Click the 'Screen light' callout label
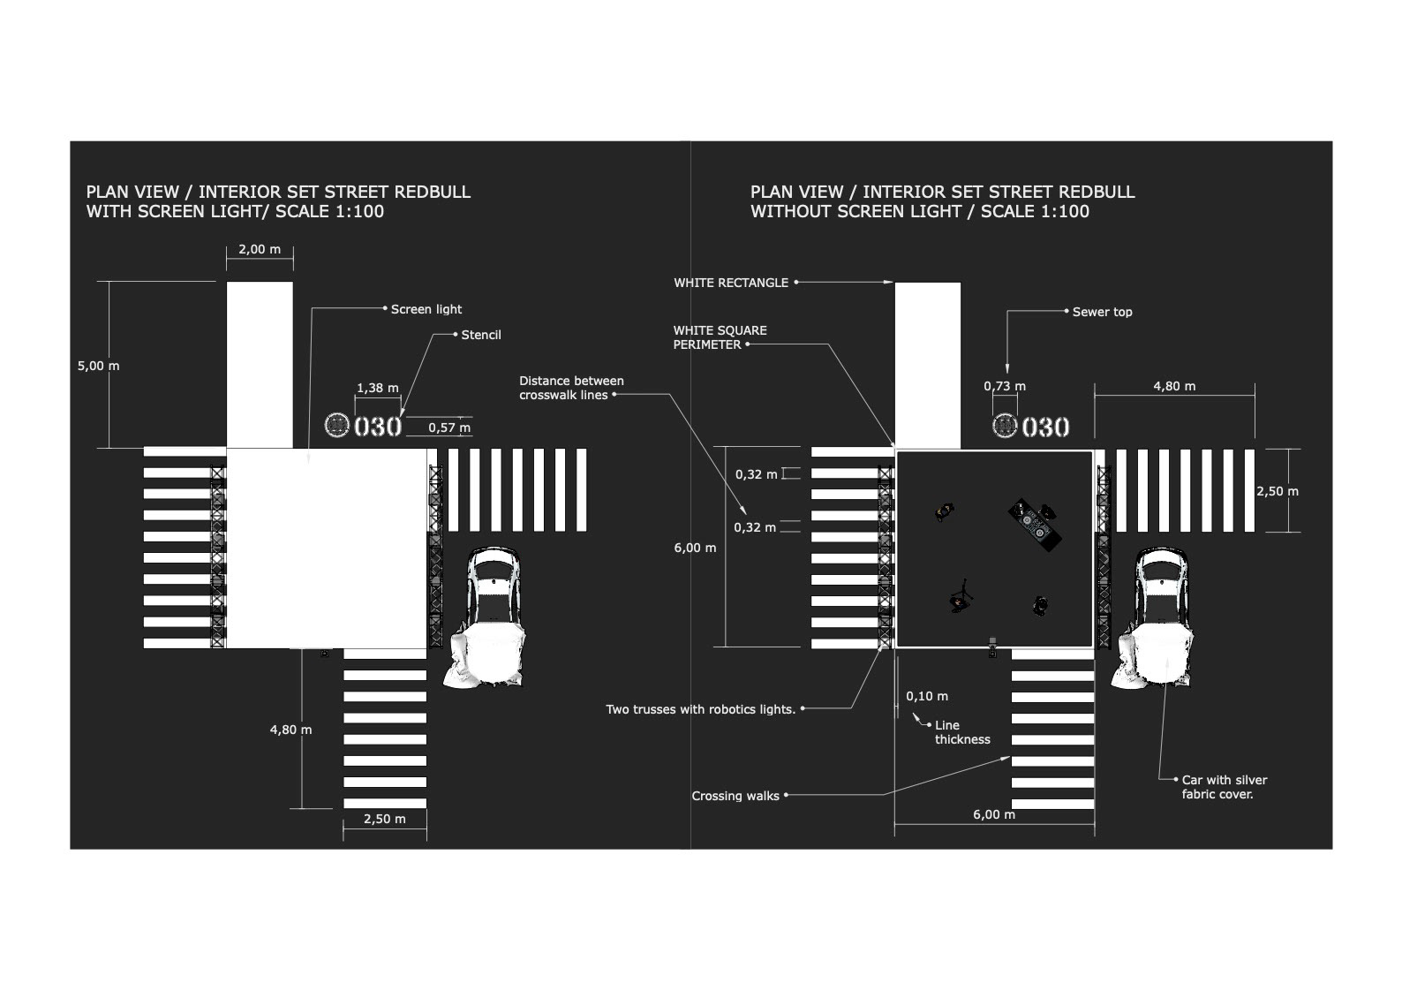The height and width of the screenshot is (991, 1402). tap(426, 309)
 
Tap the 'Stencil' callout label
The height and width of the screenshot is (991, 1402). tap(481, 335)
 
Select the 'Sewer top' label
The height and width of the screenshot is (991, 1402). tap(1102, 312)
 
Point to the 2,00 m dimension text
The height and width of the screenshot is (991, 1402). tap(260, 249)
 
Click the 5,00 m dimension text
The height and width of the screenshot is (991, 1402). tap(98, 366)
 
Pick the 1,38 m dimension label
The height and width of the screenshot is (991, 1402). tap(377, 388)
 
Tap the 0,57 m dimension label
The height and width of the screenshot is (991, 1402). tap(449, 427)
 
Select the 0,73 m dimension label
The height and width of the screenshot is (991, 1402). tap(1005, 386)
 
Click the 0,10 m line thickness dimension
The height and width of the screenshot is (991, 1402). tap(927, 696)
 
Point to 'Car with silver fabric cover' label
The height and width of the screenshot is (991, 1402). tap(1224, 787)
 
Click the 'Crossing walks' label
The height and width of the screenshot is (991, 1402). tap(735, 796)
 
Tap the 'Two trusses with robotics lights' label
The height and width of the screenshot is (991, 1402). tap(701, 709)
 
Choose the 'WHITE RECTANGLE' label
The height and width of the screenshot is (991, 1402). tap(731, 283)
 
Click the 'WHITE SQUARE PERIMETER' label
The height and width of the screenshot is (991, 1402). tap(720, 337)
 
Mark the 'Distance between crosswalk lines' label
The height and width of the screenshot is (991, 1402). tap(571, 388)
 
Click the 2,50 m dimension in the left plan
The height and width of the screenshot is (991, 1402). tap(385, 819)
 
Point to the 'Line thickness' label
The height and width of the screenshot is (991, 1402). tap(962, 732)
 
